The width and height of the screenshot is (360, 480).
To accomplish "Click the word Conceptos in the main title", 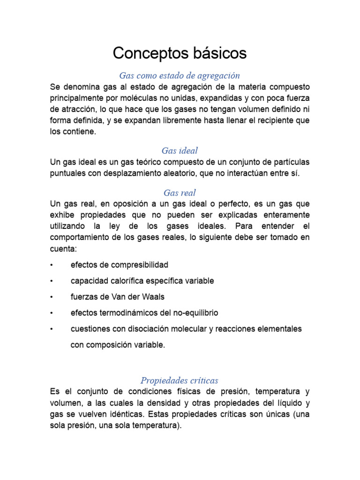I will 144,53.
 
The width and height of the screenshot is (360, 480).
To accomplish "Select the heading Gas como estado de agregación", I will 180,75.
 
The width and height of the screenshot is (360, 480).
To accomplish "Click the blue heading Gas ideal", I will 180,150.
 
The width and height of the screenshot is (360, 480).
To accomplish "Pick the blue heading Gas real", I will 180,193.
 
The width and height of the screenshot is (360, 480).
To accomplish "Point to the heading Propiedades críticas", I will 180,380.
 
